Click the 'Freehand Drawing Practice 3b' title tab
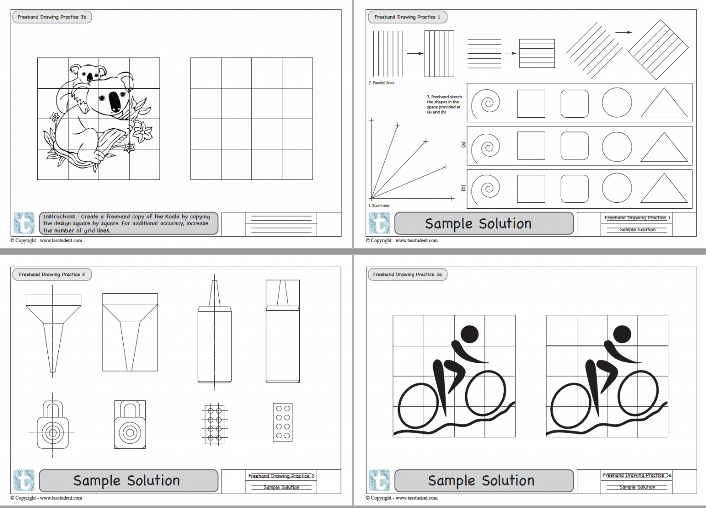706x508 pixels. coord(51,17)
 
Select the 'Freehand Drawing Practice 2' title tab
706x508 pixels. coord(51,274)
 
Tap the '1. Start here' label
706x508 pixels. coord(379,205)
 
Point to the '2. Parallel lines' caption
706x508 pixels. coord(381,83)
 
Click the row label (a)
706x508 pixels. coord(463,144)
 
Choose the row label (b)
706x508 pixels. coord(463,188)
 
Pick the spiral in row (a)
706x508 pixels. coord(486,147)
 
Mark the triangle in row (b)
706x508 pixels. coord(663,188)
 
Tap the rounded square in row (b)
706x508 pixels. coord(575,188)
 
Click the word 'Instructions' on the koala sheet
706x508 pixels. coord(59,217)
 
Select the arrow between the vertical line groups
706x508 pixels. coord(415,53)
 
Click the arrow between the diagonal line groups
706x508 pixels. coord(623,32)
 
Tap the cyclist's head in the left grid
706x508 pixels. coord(469,334)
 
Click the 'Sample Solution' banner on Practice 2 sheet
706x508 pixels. coord(129,480)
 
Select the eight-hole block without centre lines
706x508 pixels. coord(283,422)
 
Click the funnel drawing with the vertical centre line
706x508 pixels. coord(53,331)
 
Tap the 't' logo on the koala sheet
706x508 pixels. coord(24,223)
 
